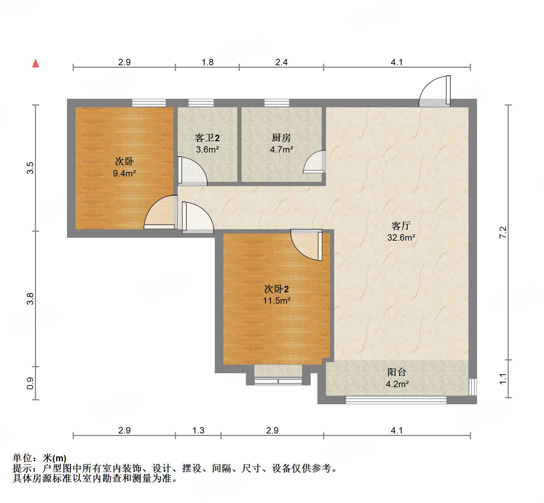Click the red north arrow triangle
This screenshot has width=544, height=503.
tap(36, 63)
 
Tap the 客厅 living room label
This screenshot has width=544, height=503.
tap(401, 226)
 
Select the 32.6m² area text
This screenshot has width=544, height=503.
tap(401, 237)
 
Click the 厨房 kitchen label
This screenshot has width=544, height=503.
tap(281, 138)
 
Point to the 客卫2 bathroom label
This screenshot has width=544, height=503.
tap(207, 138)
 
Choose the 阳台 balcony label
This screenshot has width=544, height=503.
tap(397, 372)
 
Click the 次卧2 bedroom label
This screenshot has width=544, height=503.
tap(276, 289)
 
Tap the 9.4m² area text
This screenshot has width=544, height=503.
tap(124, 174)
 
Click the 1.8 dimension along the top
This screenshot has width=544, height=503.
tap(207, 62)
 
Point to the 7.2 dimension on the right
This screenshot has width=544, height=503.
tap(503, 232)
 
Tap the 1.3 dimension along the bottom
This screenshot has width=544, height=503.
tap(198, 431)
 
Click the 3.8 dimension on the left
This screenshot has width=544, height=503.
tap(30, 298)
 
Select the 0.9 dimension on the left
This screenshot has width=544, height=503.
tap(30, 383)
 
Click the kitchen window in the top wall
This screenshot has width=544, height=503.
tap(277, 103)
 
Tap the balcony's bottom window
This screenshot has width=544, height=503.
tap(396, 400)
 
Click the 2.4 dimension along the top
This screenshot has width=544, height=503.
tap(281, 62)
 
